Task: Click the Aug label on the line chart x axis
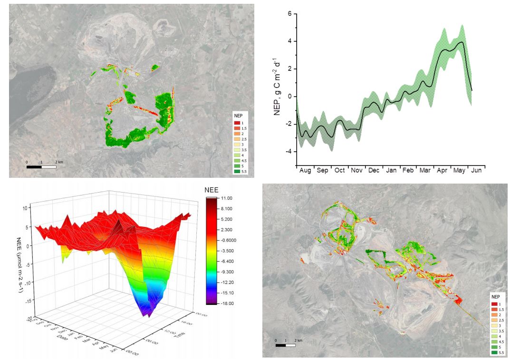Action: click(305, 170)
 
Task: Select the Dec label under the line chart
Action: click(374, 170)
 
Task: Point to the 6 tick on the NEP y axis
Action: click(289, 14)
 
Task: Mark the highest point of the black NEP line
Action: click(462, 42)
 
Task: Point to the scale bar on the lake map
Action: click(41, 167)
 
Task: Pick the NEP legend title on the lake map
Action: click(238, 116)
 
